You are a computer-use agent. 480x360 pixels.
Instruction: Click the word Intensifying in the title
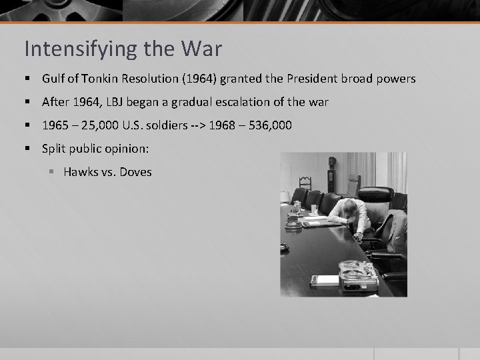[65, 49]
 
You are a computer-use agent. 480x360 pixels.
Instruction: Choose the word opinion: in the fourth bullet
[131, 149]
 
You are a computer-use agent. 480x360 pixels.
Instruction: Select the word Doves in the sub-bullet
[136, 172]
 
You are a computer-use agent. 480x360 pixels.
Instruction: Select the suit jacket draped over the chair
[393, 223]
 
